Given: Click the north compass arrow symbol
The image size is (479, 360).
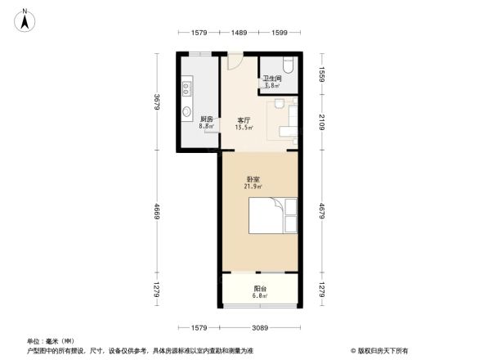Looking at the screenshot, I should coord(25,19).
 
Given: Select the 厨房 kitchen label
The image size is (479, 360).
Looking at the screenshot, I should coord(207,119).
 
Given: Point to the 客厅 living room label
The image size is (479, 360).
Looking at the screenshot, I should coord(244,119).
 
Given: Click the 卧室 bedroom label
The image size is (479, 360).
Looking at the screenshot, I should coord(253,179).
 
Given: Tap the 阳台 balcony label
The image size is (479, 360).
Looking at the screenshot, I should coord(260,290).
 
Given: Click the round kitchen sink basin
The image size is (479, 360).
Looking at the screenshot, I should coord(186,113).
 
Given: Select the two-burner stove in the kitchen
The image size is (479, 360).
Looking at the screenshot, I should coord(186,84).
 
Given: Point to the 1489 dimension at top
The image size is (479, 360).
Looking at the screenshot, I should coord(239,32).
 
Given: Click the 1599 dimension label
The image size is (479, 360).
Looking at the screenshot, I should coord(280,32).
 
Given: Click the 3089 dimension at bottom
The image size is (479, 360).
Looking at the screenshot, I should coord(260,329).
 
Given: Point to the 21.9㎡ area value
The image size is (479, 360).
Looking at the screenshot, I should coord(253,187).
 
